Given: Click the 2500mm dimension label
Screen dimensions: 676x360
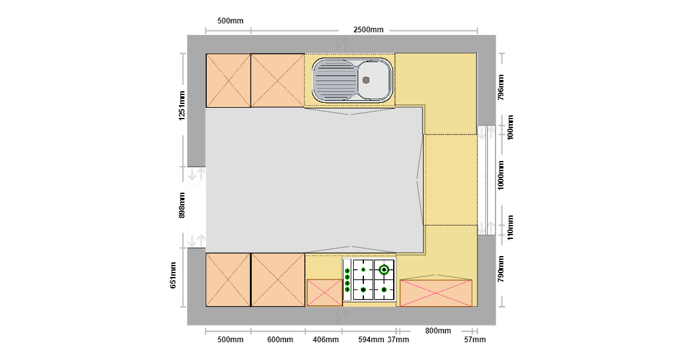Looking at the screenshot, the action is [x=368, y=30].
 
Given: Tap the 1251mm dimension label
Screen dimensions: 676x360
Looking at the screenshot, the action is [x=182, y=106].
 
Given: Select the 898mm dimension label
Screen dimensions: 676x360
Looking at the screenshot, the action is [x=182, y=205].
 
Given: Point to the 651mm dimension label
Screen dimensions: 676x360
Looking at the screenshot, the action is [x=173, y=275].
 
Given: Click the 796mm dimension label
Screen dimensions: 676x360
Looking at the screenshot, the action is [x=500, y=87].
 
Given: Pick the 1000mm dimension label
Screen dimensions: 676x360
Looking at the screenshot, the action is [x=500, y=176].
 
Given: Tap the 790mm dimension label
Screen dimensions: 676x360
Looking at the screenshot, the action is [x=500, y=269].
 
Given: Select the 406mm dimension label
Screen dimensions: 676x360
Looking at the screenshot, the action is [x=325, y=340].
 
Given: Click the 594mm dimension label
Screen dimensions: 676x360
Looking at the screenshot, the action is [x=371, y=340].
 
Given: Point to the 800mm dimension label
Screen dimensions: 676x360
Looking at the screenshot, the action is [x=438, y=331].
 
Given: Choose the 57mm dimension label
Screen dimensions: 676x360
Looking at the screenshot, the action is [x=475, y=340].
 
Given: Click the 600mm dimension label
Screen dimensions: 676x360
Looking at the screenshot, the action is [x=280, y=340].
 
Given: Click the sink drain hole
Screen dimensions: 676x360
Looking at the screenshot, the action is [x=366, y=80].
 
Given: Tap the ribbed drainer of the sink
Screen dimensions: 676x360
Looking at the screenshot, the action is [x=335, y=80].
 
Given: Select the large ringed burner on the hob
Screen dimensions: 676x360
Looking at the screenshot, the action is [x=384, y=270].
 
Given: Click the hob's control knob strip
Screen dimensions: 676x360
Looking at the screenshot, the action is [x=347, y=280].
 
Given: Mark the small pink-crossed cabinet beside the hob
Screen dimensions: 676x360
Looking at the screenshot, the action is [x=324, y=293].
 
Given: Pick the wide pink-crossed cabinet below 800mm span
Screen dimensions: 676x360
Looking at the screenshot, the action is [x=436, y=293].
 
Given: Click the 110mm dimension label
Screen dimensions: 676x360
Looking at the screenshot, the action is [x=510, y=228].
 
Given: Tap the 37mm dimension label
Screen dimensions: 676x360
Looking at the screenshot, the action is [x=398, y=340].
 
